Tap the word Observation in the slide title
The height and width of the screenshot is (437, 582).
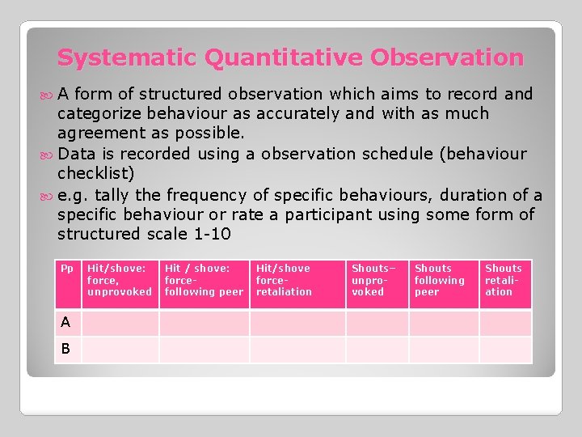(x=447, y=58)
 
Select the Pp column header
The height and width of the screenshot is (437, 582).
(x=67, y=269)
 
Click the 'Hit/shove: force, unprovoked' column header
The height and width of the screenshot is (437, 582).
(x=119, y=280)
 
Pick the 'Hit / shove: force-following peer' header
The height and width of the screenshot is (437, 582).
(x=204, y=280)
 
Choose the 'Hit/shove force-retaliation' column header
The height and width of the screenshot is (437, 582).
(x=284, y=280)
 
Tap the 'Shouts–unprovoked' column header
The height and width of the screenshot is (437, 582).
(x=371, y=280)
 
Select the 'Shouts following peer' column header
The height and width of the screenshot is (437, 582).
(x=439, y=280)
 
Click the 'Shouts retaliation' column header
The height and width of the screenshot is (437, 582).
(x=504, y=280)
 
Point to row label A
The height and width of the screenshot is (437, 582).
(x=65, y=322)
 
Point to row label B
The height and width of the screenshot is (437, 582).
(x=65, y=349)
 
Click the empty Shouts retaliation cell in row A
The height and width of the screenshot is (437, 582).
(x=505, y=323)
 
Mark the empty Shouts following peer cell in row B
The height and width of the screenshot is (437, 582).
(x=443, y=350)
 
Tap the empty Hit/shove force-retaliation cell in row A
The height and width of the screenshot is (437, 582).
(x=297, y=323)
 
